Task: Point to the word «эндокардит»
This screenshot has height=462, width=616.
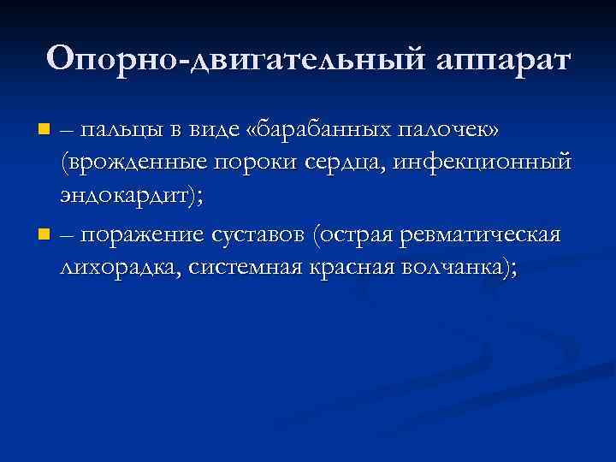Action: coord(129,198)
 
